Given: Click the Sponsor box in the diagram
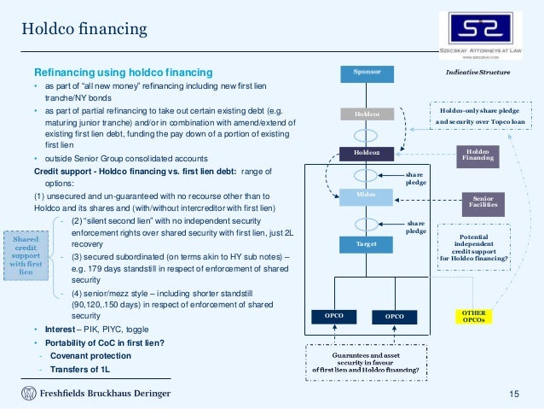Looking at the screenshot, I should (x=367, y=73).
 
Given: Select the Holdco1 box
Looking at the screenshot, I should (x=367, y=113).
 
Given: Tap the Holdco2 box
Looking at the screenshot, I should (x=367, y=154).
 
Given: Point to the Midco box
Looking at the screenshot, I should (x=367, y=196).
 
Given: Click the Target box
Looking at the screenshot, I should (x=367, y=244).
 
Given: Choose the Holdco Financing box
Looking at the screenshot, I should (x=477, y=154).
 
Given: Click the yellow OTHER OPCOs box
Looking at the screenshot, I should (x=473, y=317).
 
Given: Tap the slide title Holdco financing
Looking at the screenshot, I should (x=84, y=31).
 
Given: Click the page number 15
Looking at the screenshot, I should (x=513, y=392).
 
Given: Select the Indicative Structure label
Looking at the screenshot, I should (x=477, y=73).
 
